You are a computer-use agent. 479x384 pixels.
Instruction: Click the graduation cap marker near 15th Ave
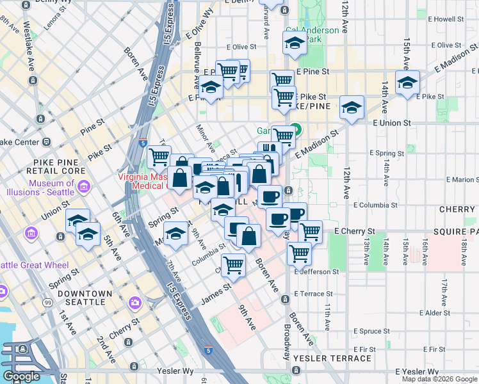tap(407, 83)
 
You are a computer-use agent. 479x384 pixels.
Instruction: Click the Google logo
tap(21, 376)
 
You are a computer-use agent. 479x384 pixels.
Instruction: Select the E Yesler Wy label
tap(416, 371)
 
